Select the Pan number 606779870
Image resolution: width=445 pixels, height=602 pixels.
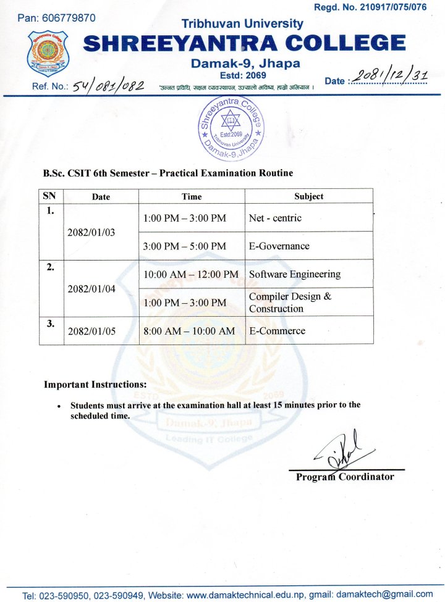point(68,18)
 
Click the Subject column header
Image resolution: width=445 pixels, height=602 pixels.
point(309,196)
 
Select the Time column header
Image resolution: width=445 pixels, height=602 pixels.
point(192,196)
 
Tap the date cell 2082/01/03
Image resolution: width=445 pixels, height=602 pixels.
point(92,233)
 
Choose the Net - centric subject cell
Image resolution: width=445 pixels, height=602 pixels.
point(276,218)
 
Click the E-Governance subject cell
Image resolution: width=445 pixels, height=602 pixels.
point(279,246)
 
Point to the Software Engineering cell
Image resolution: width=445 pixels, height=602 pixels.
point(295,274)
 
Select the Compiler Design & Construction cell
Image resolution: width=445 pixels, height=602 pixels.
point(290,302)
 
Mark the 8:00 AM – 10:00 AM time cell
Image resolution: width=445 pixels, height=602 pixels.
point(189,331)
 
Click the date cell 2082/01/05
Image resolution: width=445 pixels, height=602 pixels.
point(92,331)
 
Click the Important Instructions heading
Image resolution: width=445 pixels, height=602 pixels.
point(95,384)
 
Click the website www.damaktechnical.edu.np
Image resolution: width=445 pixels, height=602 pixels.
point(247,595)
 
